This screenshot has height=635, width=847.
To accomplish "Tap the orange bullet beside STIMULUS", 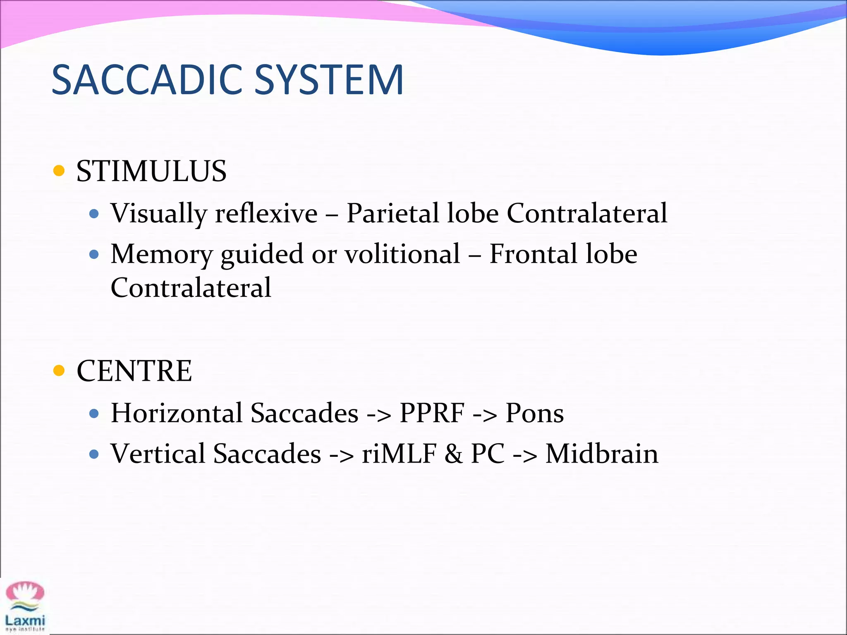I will point(59,171).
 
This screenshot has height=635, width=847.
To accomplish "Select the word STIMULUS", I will point(151,171).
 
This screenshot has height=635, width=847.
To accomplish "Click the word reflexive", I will point(266,213).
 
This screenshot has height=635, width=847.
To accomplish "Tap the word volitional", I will point(402,254).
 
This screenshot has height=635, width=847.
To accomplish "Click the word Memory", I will point(161,255).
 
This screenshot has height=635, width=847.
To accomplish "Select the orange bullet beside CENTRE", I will point(59,370).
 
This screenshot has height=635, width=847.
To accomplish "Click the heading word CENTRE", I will point(134,371).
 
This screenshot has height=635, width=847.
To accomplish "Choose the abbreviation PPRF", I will point(432,413).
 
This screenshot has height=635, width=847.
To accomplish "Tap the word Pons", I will point(534,413).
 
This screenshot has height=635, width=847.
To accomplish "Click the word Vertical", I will point(158,454).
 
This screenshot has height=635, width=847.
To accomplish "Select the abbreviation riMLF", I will point(399,454).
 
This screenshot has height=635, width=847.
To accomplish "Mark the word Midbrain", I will point(602,454).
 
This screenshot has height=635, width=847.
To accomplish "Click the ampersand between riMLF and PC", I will point(454,454).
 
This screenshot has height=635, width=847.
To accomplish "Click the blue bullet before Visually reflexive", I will point(94,214).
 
